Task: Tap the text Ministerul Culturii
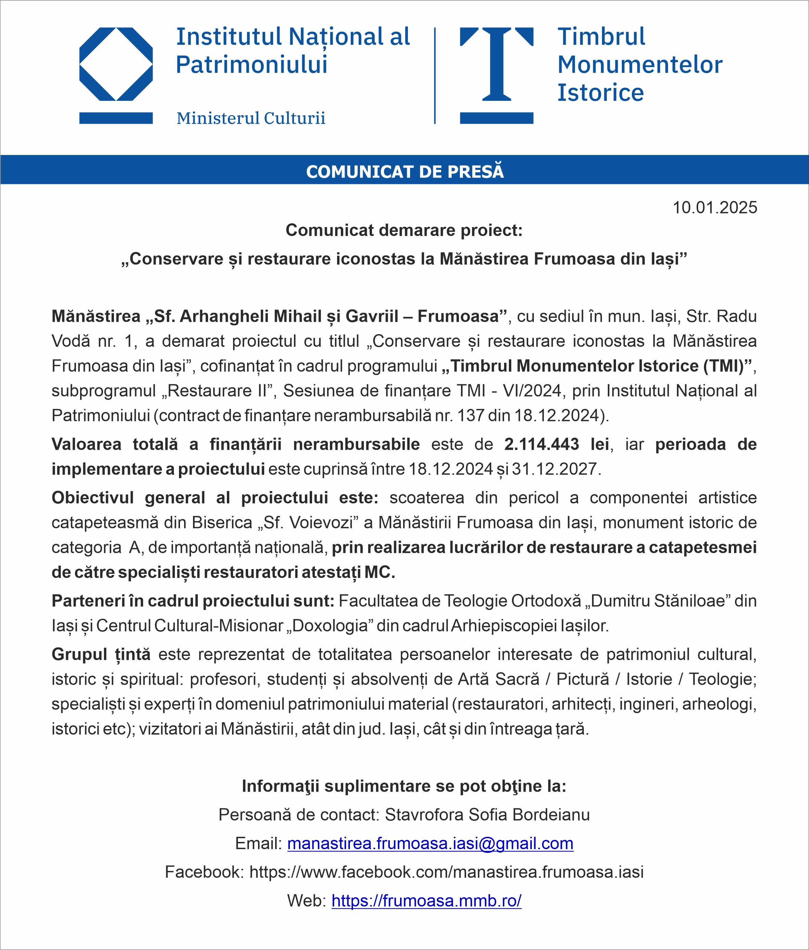[x=251, y=118]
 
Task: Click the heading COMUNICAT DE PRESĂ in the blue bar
[x=404, y=171]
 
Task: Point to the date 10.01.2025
[x=715, y=208]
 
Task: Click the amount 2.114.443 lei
[x=556, y=444]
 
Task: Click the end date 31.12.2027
[x=554, y=469]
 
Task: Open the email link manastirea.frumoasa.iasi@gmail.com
[x=430, y=843]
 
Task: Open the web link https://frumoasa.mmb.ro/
[x=426, y=900]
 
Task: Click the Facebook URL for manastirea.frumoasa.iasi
[x=446, y=872]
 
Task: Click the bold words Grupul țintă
[x=101, y=654]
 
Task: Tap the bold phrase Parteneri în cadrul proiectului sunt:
[x=193, y=601]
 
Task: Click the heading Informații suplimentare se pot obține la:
[x=404, y=786]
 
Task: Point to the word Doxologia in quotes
[x=330, y=625]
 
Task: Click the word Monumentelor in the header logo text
[x=640, y=65]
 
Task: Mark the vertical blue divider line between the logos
[x=435, y=76]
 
